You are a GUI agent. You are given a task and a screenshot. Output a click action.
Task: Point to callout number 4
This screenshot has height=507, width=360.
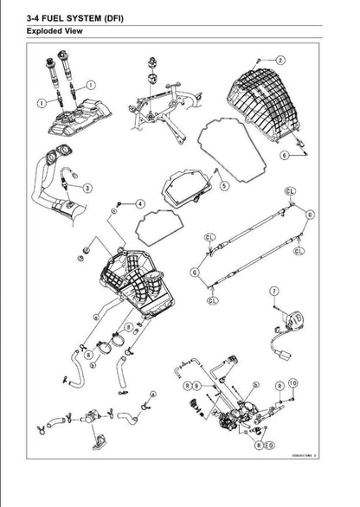[139, 203]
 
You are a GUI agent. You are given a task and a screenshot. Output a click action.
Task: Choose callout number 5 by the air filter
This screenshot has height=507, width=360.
[224, 184]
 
